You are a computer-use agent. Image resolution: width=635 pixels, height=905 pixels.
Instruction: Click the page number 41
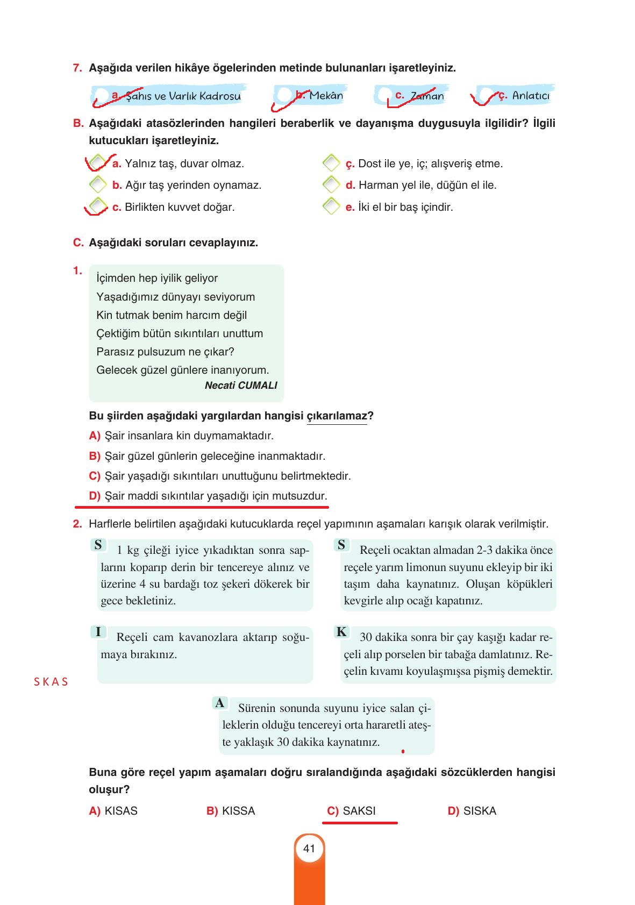(x=309, y=849)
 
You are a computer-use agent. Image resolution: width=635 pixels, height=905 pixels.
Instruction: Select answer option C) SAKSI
(x=352, y=811)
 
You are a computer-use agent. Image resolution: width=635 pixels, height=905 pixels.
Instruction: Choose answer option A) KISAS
(x=113, y=811)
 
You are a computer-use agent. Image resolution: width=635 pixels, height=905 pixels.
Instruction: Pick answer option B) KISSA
(x=231, y=811)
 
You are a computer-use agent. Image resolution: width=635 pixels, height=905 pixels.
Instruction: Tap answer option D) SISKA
(x=472, y=811)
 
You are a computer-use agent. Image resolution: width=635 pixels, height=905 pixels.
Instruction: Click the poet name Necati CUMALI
(x=241, y=385)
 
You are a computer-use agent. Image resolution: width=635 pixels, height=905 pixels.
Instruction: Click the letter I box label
(x=98, y=632)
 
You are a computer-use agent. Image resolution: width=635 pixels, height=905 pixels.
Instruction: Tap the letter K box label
(x=341, y=632)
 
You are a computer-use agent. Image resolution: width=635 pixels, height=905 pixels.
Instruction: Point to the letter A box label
(x=219, y=703)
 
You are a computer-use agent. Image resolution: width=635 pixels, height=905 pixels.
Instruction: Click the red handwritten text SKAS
(x=51, y=682)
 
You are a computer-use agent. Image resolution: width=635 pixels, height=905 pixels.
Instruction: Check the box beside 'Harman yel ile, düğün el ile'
(x=331, y=184)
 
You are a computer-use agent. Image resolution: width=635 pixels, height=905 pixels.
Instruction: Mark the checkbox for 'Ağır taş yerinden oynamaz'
(x=98, y=184)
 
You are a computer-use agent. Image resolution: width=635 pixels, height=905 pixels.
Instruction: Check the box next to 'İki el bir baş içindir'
(x=331, y=206)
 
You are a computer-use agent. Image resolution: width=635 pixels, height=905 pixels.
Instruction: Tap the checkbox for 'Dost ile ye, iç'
(x=331, y=162)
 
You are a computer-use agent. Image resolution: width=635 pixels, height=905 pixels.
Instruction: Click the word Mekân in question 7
(x=326, y=96)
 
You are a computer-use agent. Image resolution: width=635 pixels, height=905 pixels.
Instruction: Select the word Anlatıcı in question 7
(x=531, y=96)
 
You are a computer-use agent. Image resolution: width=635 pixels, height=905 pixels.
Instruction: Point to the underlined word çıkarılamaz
(x=337, y=416)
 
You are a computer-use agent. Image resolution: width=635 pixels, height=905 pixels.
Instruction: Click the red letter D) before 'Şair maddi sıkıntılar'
(x=95, y=496)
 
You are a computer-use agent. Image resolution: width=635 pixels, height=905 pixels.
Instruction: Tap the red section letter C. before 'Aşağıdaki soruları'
(x=79, y=243)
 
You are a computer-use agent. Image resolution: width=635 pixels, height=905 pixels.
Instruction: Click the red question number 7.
(x=77, y=68)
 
